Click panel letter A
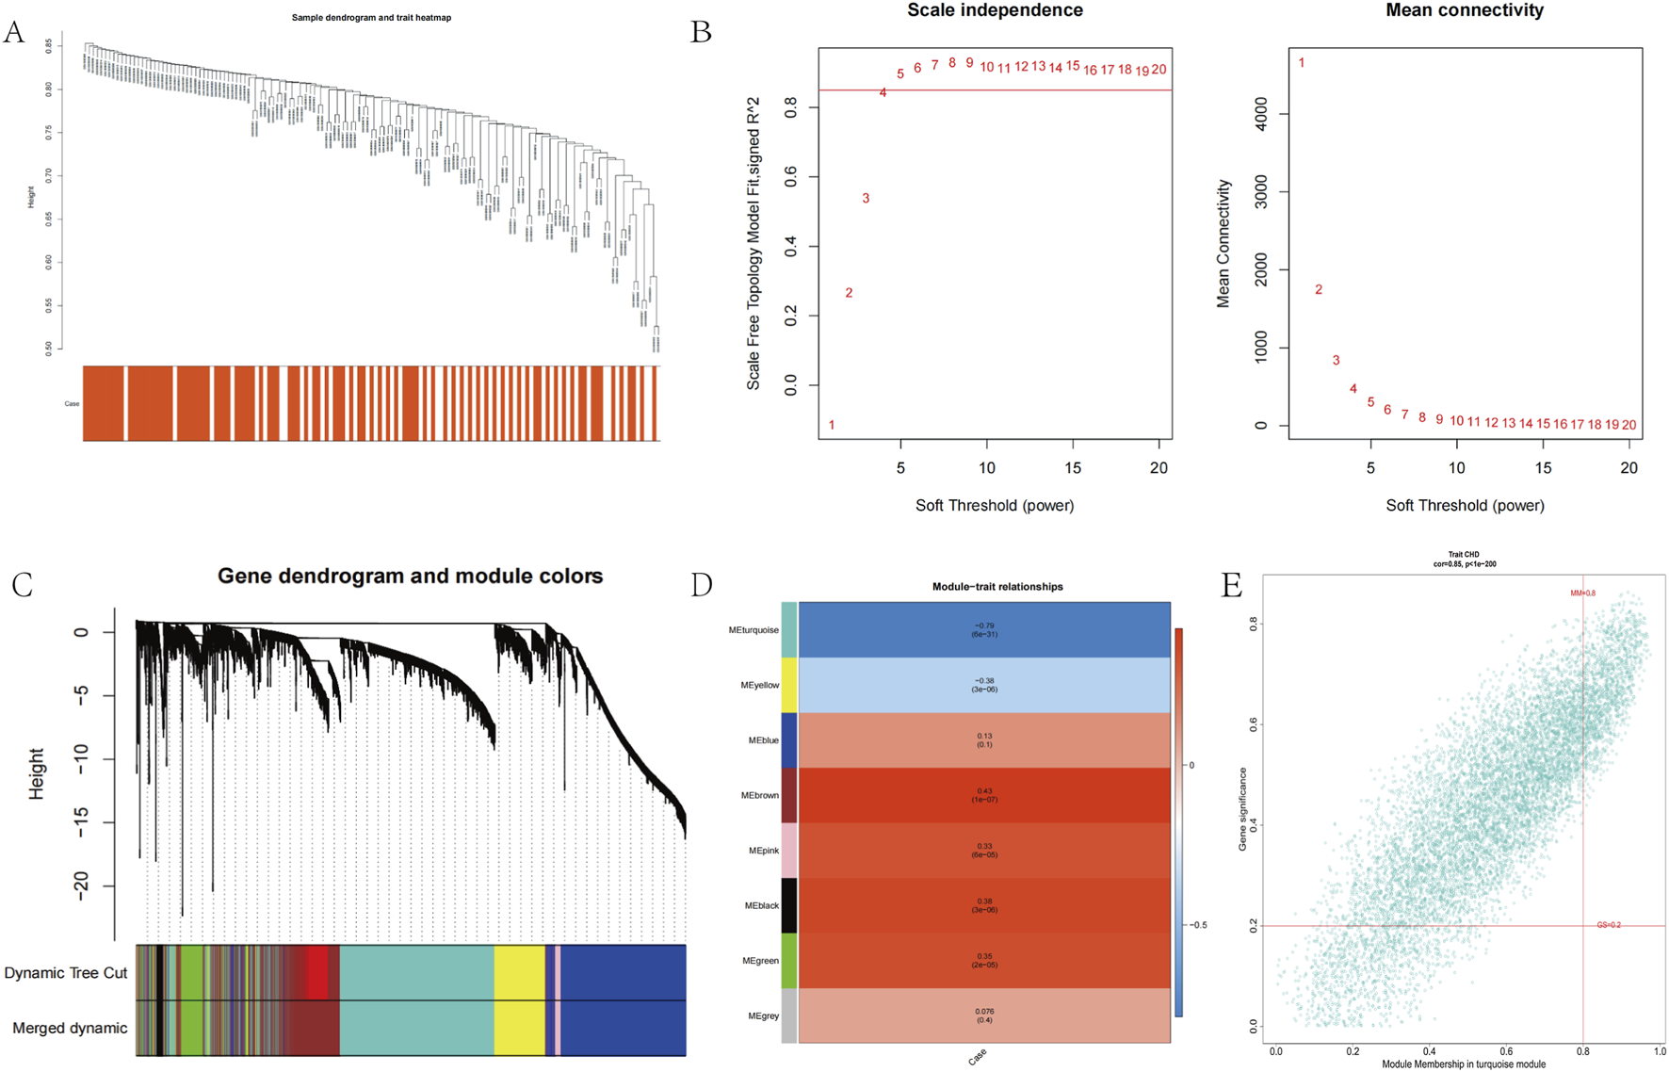[14, 33]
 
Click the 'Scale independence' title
[995, 10]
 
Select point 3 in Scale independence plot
[866, 199]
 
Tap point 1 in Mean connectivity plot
[1302, 63]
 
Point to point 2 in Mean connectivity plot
[1319, 290]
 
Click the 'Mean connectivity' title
[1464, 10]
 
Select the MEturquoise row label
[753, 630]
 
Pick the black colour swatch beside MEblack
[789, 905]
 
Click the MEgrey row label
[763, 1016]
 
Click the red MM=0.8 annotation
[1582, 593]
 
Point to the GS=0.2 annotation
[1609, 925]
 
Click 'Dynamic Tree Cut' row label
[66, 973]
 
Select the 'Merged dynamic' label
[70, 1028]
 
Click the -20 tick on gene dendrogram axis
[81, 886]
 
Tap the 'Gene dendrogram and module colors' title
[410, 576]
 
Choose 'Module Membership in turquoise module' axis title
[1464, 1064]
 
